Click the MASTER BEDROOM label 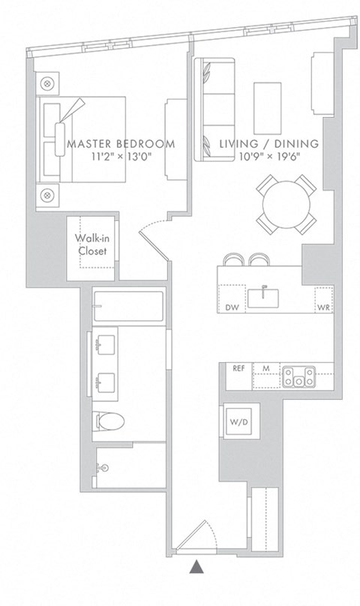pos(121,143)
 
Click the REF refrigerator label pos(239,368)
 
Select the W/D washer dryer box pos(235,424)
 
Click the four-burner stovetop pos(299,375)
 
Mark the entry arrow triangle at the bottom pos(196,568)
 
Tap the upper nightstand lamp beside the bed pos(48,83)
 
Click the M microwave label pos(266,368)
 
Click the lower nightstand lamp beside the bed pos(48,195)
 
